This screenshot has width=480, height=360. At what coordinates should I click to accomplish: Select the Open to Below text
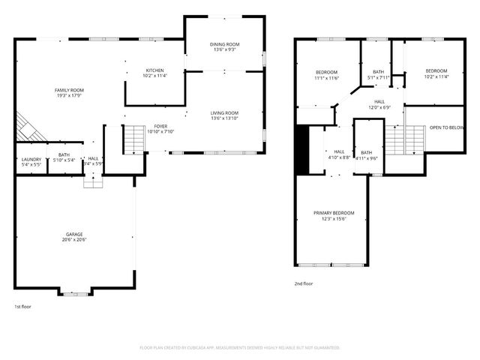[x=446, y=127]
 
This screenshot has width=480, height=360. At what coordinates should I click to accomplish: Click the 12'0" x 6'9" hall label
[x=379, y=104]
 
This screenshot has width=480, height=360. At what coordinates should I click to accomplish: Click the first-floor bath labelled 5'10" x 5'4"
[x=64, y=157]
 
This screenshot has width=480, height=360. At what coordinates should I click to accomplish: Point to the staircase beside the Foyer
[x=133, y=138]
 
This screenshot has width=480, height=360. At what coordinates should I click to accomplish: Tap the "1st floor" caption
[x=22, y=307]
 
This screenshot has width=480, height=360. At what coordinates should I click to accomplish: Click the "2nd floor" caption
[x=304, y=283]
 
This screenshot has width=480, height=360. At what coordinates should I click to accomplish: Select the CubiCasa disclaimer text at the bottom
[x=240, y=348]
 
